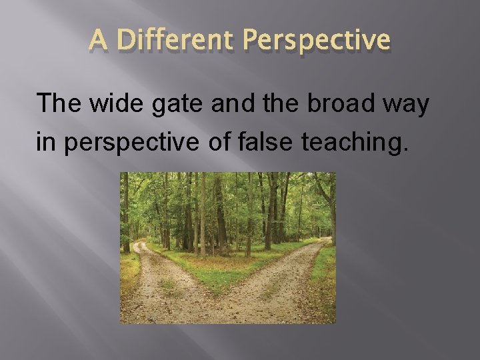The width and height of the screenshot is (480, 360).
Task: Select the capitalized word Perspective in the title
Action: (317, 41)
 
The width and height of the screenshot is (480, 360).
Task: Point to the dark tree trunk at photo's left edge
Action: (125, 213)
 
